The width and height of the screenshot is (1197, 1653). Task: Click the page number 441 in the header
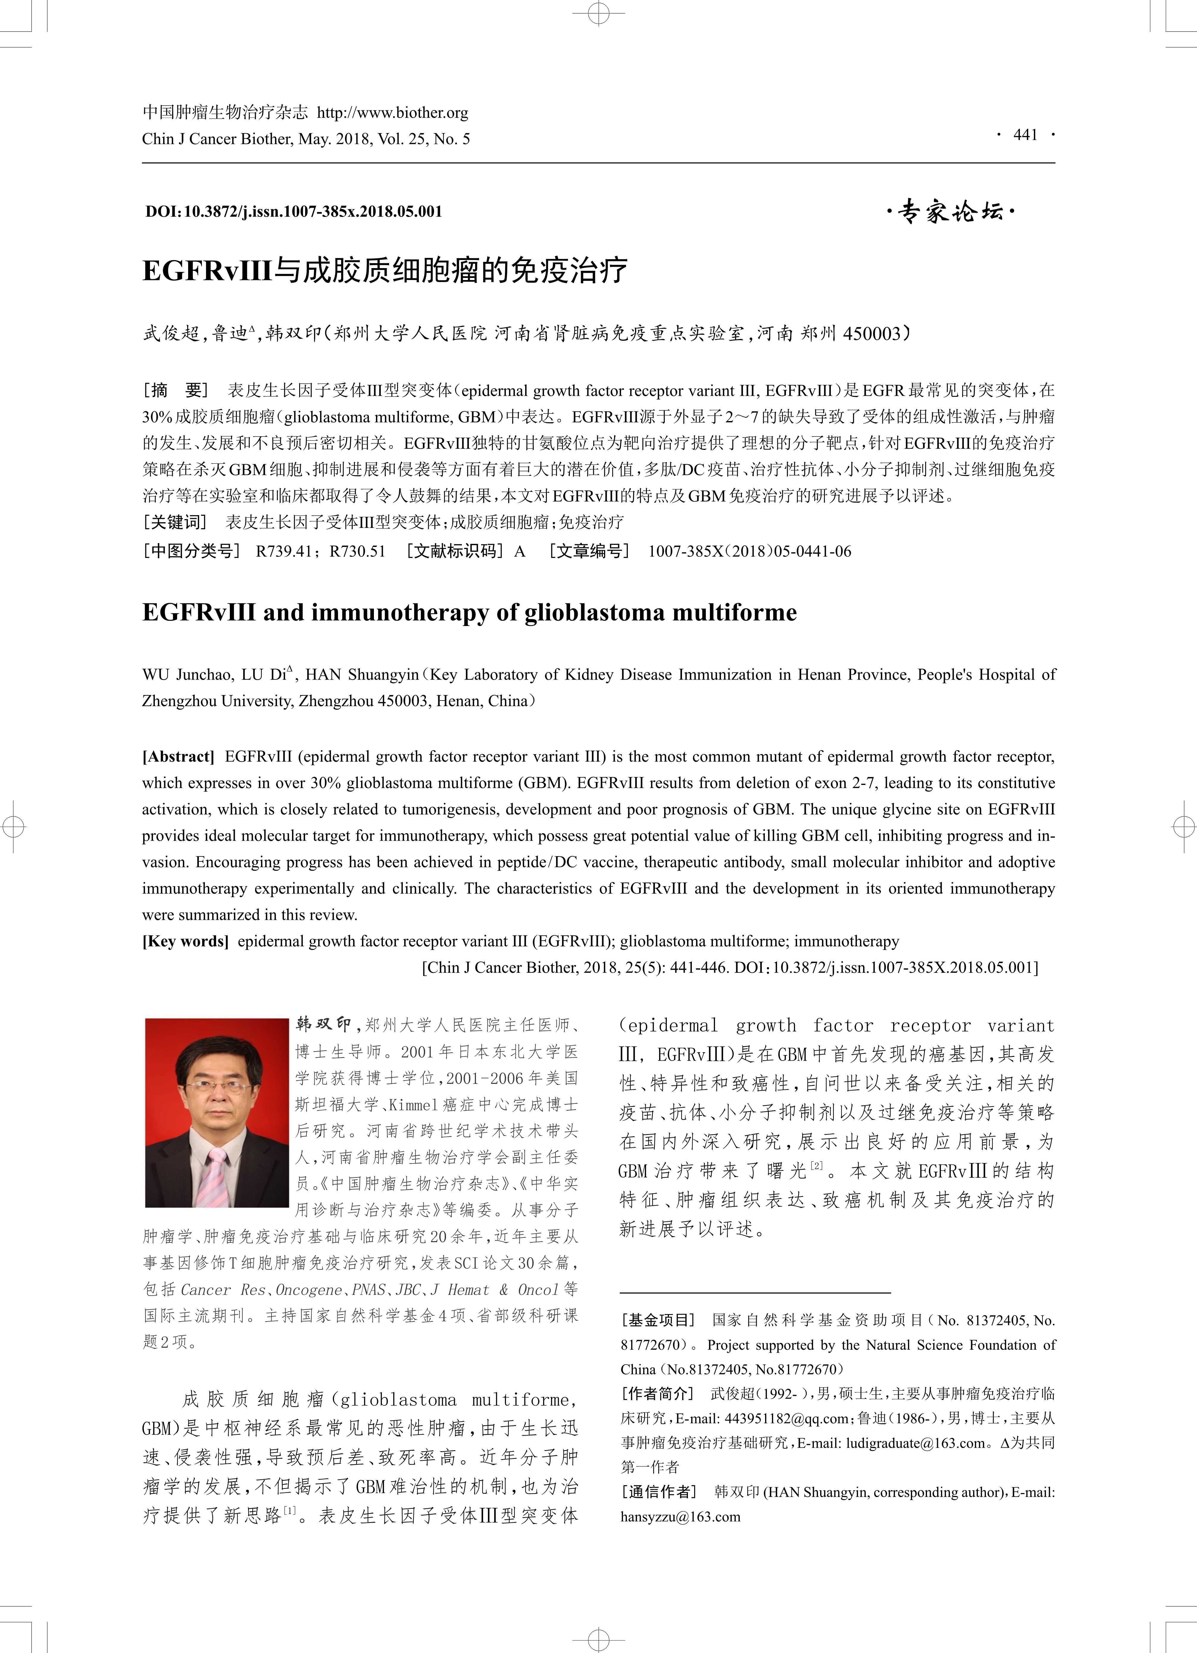click(x=1025, y=135)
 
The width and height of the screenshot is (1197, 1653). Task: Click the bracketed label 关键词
click(x=175, y=522)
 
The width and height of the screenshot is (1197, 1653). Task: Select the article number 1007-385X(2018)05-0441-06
click(x=749, y=551)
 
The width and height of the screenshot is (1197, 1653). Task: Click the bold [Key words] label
click(x=185, y=941)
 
